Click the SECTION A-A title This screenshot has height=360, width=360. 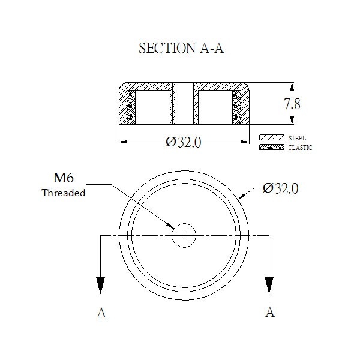pos(181,48)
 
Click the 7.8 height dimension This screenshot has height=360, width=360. pos(292,104)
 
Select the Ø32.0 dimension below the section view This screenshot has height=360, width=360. pos(184,142)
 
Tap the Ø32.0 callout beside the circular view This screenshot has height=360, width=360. pos(281,188)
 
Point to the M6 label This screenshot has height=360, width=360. pos(64,178)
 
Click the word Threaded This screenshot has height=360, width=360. pos(64,193)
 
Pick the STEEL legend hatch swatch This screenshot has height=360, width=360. pos(272,137)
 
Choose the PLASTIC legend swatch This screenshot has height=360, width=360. pos(272,147)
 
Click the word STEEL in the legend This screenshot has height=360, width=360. pos(297,138)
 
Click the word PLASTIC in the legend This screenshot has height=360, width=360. pos(301,148)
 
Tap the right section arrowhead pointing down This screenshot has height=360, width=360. pos(269,285)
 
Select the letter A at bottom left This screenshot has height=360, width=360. pos(101,313)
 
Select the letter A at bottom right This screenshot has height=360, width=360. pos(270,312)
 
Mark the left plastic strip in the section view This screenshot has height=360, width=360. pos(131,107)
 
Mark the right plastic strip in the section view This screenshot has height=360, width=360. pos(237,107)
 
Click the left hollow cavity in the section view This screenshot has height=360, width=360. pos(152,107)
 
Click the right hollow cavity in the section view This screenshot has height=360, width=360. pos(215,107)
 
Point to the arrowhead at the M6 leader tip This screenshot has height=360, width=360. pos(170,226)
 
